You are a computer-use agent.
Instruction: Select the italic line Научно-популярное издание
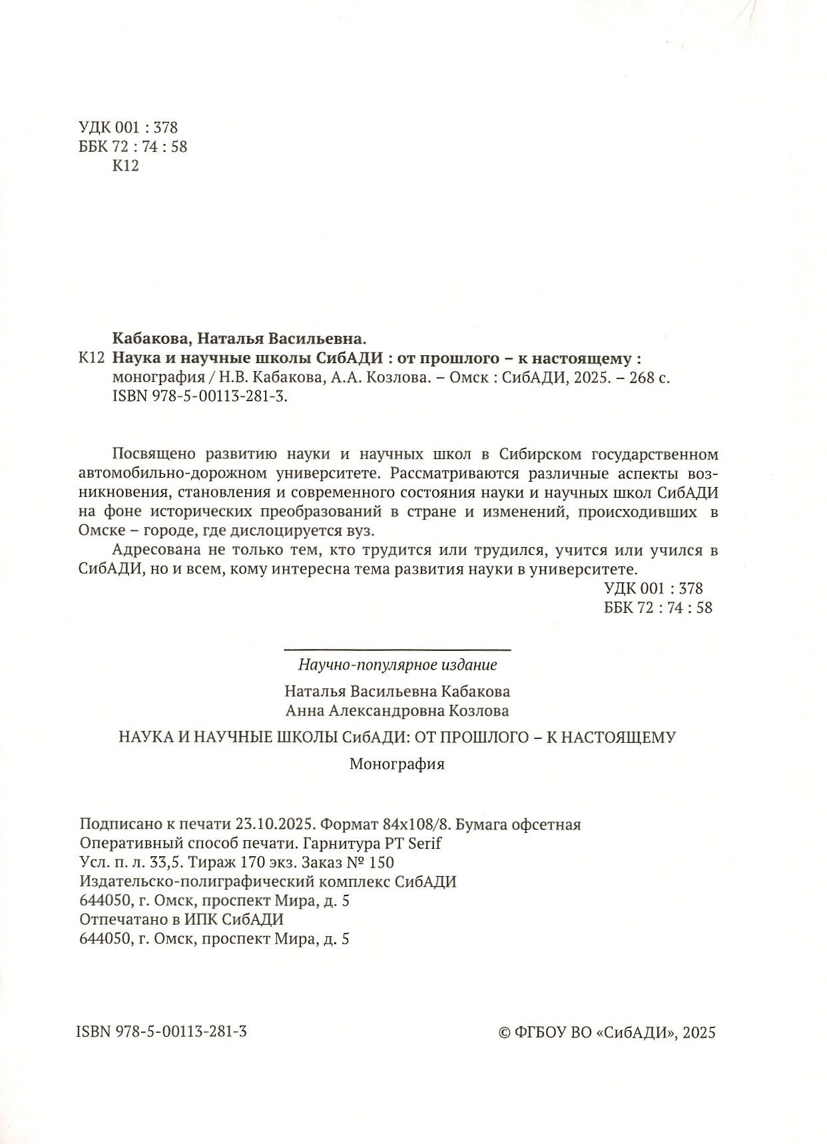point(398,664)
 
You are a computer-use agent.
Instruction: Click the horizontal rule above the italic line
point(398,649)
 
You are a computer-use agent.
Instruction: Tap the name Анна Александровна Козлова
point(398,711)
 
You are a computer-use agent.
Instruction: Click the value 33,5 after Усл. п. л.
point(169,862)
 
